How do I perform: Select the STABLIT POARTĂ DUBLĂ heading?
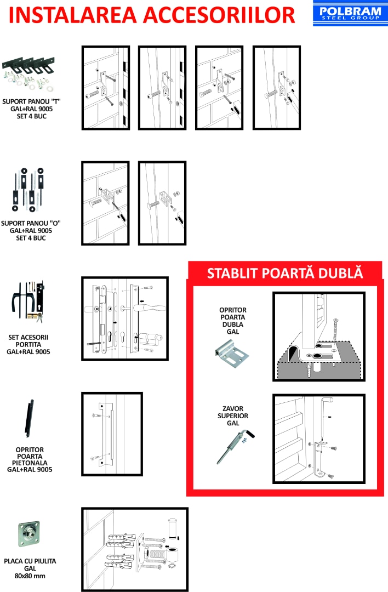tap(284, 273)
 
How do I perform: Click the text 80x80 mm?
tap(30, 576)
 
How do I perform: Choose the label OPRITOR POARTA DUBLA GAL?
tap(232, 321)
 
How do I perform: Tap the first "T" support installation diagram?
tap(106, 88)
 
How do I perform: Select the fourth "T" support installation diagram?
tap(276, 88)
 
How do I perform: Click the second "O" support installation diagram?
tap(162, 203)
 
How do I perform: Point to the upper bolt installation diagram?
tap(318, 439)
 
